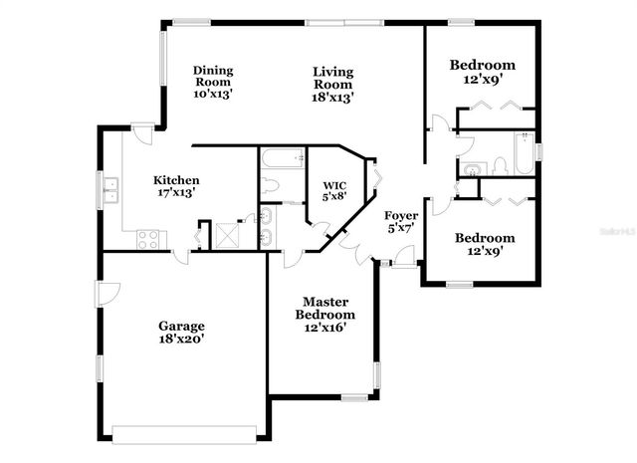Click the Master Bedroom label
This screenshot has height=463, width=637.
point(324,314)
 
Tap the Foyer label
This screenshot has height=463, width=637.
point(401,221)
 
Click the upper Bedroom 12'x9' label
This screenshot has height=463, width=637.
point(482,71)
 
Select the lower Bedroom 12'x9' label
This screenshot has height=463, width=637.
point(485,244)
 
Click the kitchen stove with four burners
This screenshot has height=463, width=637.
point(150,239)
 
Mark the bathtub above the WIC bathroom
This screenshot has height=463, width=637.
point(280,157)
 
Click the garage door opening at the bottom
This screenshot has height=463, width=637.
point(186,433)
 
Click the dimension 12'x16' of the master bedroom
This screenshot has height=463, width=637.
point(324,328)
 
